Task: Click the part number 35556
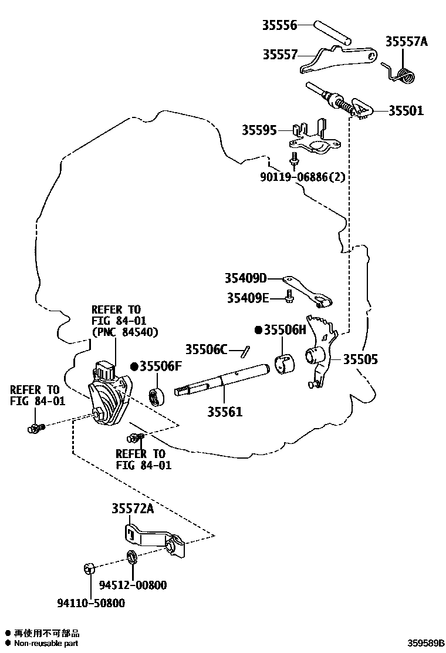279,25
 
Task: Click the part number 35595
259,130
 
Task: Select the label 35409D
245,278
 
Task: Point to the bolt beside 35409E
289,298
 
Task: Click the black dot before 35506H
258,330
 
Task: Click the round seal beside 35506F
157,397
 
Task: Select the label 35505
360,359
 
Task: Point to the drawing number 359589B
427,643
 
